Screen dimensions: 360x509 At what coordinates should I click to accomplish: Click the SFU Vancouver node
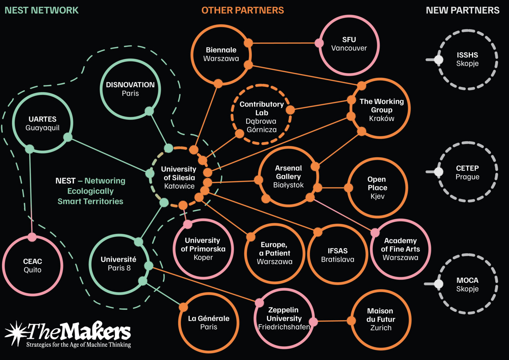pos(349,44)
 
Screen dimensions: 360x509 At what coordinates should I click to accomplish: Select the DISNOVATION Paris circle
pos(130,89)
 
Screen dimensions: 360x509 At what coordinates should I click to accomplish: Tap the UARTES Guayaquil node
pos(42,123)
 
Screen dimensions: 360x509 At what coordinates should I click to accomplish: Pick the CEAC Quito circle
pos(32,266)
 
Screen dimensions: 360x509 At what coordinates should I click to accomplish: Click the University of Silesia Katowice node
pos(179,178)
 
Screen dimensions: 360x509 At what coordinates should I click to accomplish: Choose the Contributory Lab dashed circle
pos(261,115)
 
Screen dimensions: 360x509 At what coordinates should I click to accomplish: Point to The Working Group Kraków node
pos(381,109)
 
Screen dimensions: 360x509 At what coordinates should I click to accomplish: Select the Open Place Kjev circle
pos(377,188)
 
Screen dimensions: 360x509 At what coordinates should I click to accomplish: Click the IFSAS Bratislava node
pos(337,255)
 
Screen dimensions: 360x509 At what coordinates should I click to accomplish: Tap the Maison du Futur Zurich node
pos(380,319)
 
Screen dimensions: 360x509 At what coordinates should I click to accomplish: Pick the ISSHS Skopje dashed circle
pos(467,59)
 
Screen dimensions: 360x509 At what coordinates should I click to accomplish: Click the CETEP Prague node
pos(467,172)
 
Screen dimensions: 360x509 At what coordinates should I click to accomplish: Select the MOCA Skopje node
pos(467,284)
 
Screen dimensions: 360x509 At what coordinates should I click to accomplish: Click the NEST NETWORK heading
pos(41,10)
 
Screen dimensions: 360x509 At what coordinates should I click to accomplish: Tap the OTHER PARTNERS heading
pos(243,10)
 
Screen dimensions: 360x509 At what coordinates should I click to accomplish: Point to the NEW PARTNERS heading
pos(462,10)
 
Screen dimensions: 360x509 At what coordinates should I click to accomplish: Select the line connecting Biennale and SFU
pos(283,43)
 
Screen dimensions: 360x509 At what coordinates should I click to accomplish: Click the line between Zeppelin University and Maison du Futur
pos(332,321)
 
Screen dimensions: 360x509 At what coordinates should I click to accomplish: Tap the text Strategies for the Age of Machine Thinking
pos(79,345)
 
